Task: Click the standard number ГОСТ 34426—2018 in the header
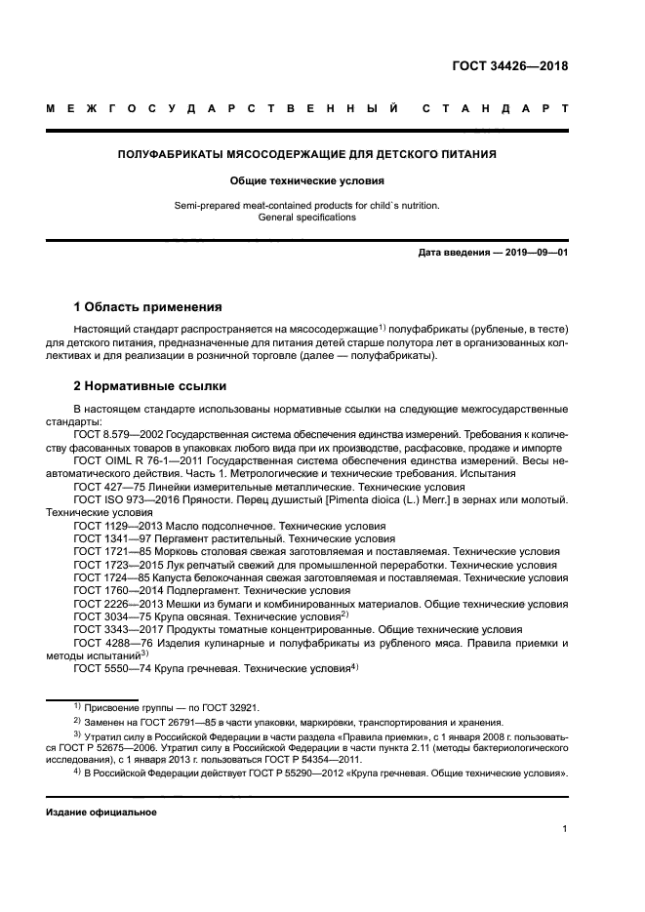click(x=510, y=66)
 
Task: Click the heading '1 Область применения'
click(x=148, y=306)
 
